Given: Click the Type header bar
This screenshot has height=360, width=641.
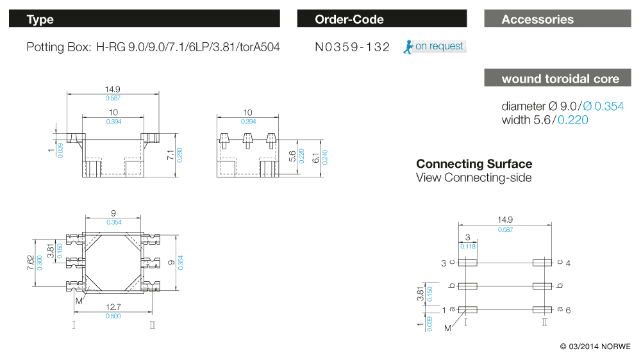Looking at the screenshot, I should click(145, 19).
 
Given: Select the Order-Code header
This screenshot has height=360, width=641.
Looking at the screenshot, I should click(381, 19).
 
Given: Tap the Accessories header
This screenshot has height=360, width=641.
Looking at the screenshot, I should click(558, 19).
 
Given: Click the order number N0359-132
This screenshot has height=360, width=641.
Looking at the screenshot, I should click(353, 47).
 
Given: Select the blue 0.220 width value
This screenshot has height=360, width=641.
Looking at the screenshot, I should click(573, 120).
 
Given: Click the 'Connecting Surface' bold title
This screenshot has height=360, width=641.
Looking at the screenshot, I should click(474, 164).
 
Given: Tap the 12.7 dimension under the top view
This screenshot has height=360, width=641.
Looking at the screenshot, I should click(113, 307).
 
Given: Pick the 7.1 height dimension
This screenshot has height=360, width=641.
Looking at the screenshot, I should click(171, 154).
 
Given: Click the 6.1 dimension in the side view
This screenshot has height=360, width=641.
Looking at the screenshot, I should click(315, 157).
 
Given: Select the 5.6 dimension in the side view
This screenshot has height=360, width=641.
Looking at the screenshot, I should click(293, 157).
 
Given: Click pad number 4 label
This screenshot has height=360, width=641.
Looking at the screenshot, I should click(568, 263).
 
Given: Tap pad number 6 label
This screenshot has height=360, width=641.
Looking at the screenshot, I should click(568, 310).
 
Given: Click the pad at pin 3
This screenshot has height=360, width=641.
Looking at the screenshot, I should click(467, 263).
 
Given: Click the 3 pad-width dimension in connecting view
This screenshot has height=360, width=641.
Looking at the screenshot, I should click(467, 238).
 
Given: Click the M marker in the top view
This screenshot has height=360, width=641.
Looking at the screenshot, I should click(79, 301).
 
